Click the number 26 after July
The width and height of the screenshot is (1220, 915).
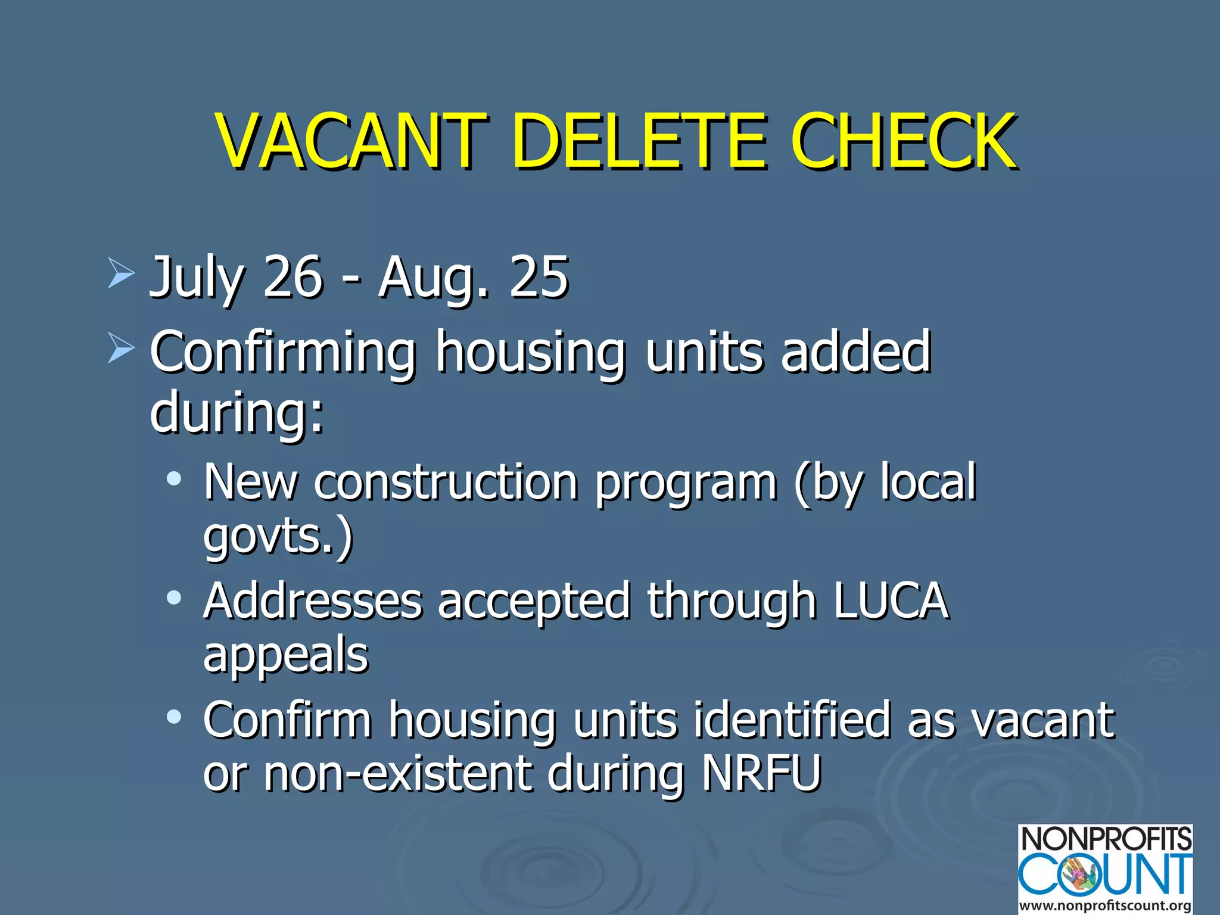point(292,276)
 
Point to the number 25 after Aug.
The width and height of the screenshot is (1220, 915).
point(539,276)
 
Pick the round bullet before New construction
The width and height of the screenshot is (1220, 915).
point(174,479)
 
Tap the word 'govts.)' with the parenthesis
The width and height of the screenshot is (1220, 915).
point(278,536)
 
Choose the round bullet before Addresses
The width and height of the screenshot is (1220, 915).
point(174,597)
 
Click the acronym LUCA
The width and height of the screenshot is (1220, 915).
point(891,600)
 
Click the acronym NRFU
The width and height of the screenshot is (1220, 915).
point(762,773)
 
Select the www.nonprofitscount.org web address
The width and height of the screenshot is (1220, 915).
point(1105,906)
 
